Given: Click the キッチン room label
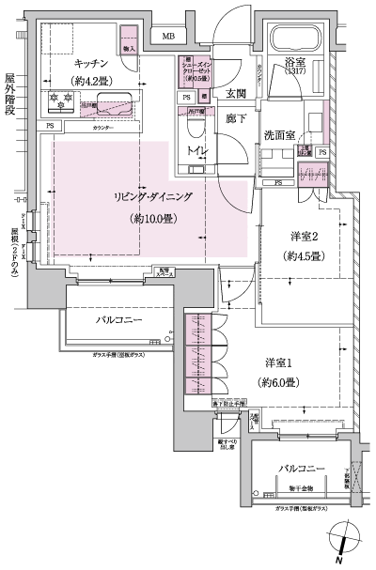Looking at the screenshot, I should click(x=93, y=64).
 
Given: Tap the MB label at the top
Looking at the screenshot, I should click(x=168, y=37).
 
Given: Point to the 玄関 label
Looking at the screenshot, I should click(x=234, y=94).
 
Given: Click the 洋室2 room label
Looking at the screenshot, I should click(x=302, y=236).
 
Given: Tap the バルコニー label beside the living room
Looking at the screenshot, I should click(x=117, y=320).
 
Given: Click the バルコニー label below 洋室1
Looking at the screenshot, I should click(x=300, y=467).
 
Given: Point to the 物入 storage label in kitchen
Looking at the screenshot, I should click(x=129, y=48).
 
